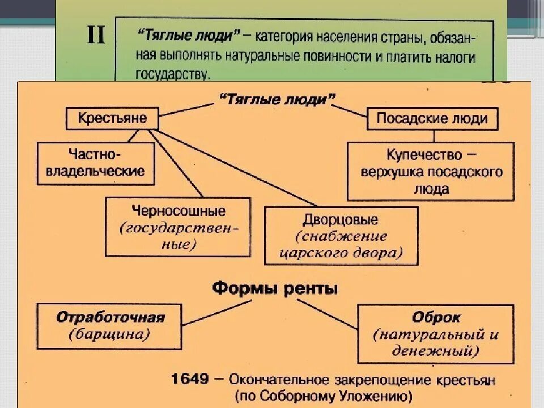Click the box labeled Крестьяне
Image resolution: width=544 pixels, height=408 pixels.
click(x=112, y=118)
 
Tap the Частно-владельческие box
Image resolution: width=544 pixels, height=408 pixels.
click(x=95, y=163)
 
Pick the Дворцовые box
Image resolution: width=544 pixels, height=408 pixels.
click(x=341, y=235)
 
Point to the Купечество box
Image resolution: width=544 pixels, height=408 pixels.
click(x=431, y=171)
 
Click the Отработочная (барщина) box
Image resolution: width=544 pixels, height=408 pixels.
click(x=110, y=326)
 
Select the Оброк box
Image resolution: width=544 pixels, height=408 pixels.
click(x=435, y=334)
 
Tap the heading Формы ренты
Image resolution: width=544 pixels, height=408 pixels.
click(x=275, y=288)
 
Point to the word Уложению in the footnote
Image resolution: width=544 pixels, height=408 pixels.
click(x=375, y=395)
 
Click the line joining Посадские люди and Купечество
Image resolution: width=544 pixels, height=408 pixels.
click(x=434, y=136)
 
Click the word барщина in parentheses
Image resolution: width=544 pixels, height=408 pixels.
click(x=110, y=334)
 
